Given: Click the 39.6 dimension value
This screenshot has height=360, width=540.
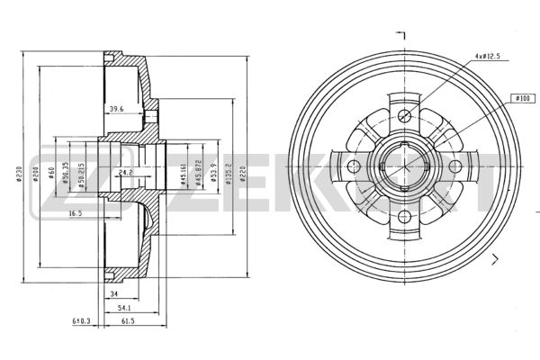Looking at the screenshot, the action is [x=116, y=110].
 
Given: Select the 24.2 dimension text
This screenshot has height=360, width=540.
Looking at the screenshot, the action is [x=125, y=172].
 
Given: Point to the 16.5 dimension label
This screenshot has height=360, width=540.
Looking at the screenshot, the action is [x=76, y=213].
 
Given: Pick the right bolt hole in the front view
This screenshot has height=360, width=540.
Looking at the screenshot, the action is [x=454, y=166].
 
